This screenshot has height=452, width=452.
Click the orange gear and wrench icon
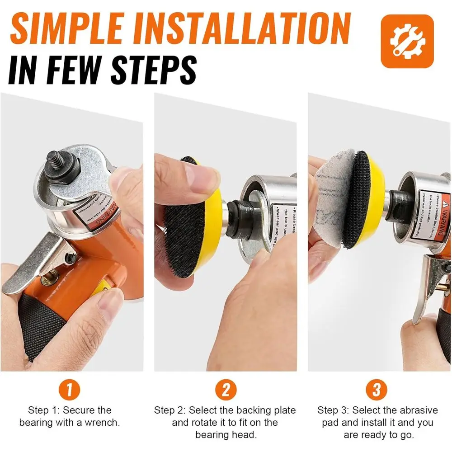click(407, 41)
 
